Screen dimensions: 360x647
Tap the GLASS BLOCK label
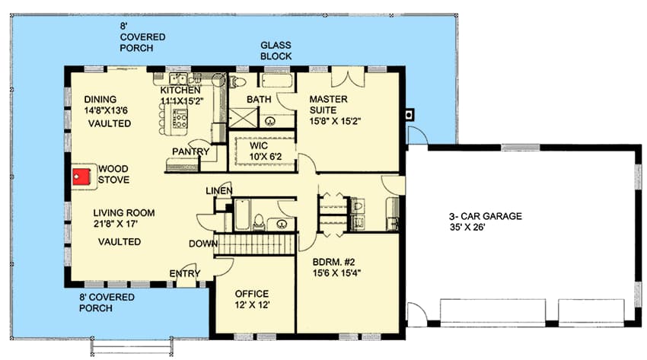[x=276, y=50]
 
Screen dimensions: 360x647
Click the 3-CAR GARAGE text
[x=485, y=216]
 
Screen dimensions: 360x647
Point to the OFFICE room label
[x=252, y=294]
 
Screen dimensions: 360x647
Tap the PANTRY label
[x=191, y=151]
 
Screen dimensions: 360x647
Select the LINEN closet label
[x=218, y=190]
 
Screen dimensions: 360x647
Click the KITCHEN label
[x=180, y=91]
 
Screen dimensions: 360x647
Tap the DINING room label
[x=100, y=99]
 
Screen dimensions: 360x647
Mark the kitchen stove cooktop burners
[x=180, y=119]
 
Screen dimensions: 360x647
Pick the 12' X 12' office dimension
[x=252, y=305]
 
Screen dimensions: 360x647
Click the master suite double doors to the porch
[x=349, y=77]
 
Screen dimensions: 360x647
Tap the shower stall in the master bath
[x=242, y=119]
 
